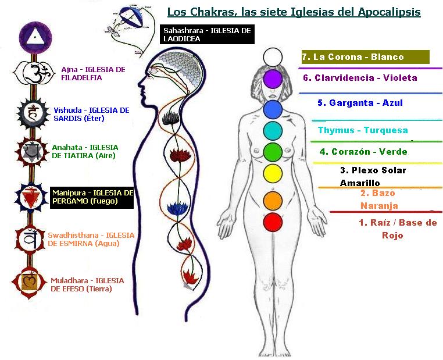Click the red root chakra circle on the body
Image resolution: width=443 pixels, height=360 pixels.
(x=273, y=222)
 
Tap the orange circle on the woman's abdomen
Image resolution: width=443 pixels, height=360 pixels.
(x=273, y=201)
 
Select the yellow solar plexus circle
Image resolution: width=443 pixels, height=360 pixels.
(x=273, y=174)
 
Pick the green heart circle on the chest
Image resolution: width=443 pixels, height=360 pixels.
(x=273, y=152)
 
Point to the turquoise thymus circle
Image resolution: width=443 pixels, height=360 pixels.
(x=273, y=131)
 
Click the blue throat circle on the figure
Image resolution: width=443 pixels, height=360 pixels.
(x=273, y=109)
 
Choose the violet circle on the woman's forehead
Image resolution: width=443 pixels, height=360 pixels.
(x=273, y=79)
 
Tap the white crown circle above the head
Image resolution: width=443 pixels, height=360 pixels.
(x=273, y=57)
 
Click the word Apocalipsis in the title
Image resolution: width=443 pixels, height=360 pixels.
(x=389, y=12)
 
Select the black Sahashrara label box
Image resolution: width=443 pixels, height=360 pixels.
(x=207, y=34)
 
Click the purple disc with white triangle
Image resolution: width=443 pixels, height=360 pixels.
(x=35, y=38)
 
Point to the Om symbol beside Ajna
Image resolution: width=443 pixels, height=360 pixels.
(x=35, y=73)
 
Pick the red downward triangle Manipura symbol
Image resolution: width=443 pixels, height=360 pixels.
(x=31, y=197)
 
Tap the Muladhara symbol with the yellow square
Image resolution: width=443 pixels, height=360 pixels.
(x=30, y=283)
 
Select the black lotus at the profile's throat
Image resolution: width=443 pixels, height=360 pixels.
(x=171, y=118)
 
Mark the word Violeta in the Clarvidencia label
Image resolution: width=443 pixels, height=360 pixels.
(x=400, y=78)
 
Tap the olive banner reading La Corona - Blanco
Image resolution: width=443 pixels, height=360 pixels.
(x=366, y=57)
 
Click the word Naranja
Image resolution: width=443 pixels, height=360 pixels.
(x=379, y=206)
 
